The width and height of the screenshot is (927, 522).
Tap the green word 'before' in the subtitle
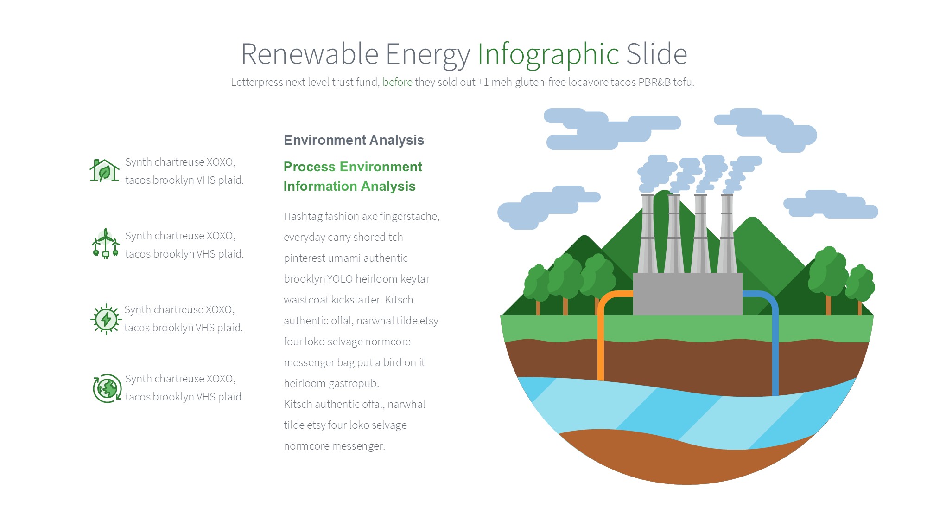coord(397,82)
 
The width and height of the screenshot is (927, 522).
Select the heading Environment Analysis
coord(354,140)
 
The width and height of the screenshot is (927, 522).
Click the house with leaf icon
coord(104,170)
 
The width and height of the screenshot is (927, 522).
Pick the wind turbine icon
coord(106,243)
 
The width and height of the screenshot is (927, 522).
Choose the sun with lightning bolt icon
coord(106,319)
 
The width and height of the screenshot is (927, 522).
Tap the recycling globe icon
coord(107,388)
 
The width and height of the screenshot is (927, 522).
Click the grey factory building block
coord(687,294)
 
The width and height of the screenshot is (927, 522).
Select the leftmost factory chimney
coord(648,234)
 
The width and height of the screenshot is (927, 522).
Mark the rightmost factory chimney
coord(727,234)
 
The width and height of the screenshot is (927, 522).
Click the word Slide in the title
coord(657,54)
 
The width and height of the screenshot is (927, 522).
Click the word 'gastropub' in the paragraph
coord(355,383)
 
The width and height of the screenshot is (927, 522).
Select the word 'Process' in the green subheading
coord(309,167)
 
